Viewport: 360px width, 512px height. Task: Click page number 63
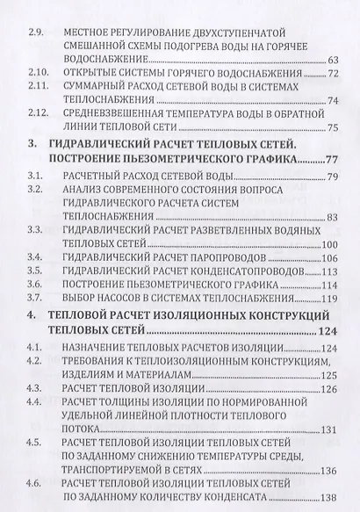[x=331, y=60]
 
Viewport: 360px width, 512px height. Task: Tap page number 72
[x=331, y=76]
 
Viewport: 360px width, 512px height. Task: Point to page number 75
[x=331, y=128]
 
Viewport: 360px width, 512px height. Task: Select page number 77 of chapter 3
[x=331, y=162]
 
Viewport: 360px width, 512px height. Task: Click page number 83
[x=331, y=217]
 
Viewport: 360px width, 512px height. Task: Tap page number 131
[x=328, y=430]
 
